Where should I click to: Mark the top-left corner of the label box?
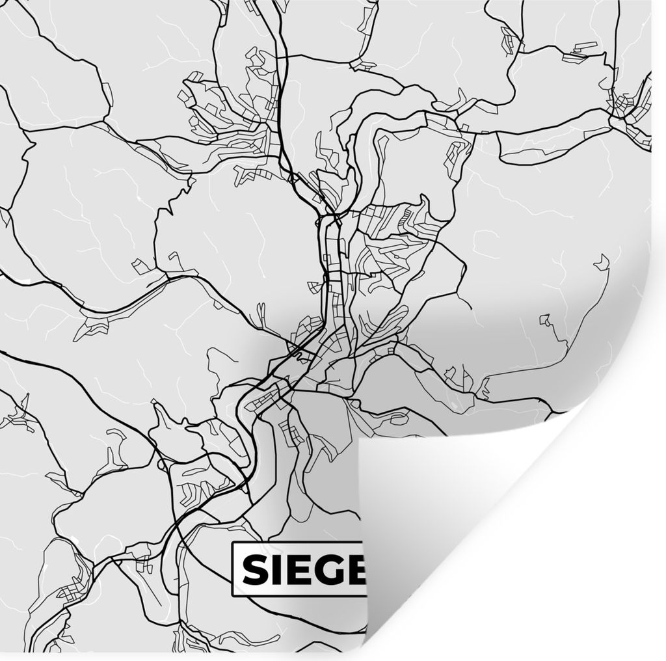[233, 543]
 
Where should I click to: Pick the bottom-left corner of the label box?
[233, 595]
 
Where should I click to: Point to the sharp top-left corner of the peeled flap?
[360, 440]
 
